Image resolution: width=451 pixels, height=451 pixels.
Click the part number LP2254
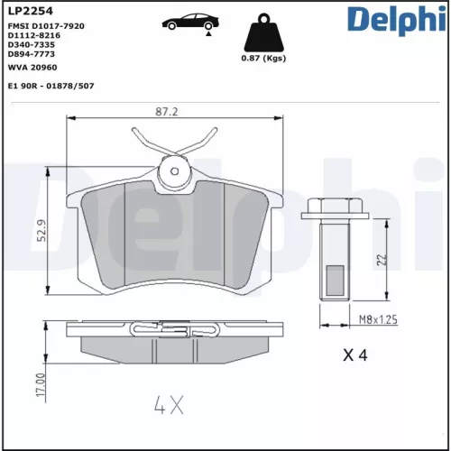click(x=29, y=11)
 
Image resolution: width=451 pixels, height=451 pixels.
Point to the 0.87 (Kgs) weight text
click(x=263, y=59)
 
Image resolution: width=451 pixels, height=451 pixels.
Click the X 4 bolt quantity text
click(x=354, y=356)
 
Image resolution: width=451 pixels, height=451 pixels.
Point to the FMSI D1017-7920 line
click(x=46, y=27)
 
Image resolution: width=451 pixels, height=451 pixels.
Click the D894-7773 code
click(x=30, y=54)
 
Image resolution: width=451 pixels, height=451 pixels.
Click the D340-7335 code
click(x=30, y=45)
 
